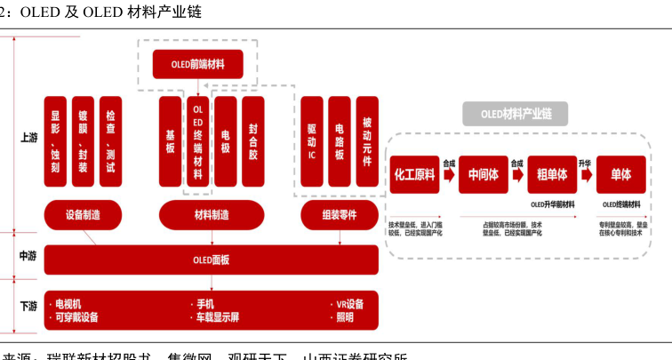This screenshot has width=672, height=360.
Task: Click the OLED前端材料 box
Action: (x=197, y=64)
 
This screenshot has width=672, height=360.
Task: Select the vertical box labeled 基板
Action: (x=170, y=142)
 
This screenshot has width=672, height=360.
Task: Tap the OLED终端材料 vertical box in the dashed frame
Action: (x=197, y=142)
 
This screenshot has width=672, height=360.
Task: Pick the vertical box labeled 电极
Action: (x=226, y=142)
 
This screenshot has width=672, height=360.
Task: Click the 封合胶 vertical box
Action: (x=253, y=142)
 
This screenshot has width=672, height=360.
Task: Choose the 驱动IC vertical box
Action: (x=312, y=142)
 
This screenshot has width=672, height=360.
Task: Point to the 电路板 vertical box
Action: (x=339, y=142)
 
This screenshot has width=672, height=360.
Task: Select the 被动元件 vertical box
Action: (x=366, y=142)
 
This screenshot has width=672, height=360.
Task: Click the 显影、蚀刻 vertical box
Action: (x=55, y=142)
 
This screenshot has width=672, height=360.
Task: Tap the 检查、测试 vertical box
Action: (x=110, y=142)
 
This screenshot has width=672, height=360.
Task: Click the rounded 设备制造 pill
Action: (x=84, y=214)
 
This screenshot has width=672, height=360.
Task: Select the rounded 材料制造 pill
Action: (x=212, y=214)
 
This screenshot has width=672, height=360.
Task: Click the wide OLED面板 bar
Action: (x=212, y=260)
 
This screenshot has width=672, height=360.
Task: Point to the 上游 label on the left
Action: (x=28, y=138)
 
